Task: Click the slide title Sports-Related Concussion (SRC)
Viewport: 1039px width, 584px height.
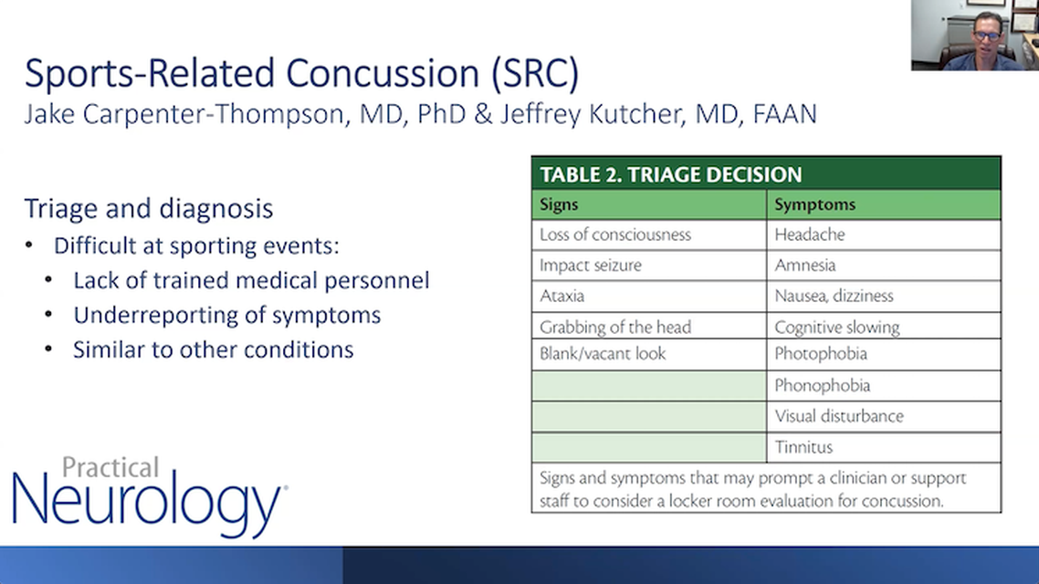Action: click(301, 74)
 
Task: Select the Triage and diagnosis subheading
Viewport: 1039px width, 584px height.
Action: click(148, 209)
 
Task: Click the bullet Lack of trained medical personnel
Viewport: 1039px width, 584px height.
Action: click(251, 280)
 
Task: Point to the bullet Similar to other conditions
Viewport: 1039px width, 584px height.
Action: click(213, 349)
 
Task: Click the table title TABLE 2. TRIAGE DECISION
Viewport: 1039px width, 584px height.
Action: click(670, 174)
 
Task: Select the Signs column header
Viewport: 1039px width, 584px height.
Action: click(559, 204)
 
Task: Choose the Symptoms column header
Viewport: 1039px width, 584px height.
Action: click(814, 204)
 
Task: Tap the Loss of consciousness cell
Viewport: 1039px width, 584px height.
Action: click(614, 235)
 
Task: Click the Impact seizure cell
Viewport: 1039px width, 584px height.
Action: click(590, 266)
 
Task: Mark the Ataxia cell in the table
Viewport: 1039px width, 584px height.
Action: click(561, 296)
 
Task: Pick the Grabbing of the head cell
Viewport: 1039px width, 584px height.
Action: click(614, 327)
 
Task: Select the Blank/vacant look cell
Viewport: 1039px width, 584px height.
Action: click(603, 353)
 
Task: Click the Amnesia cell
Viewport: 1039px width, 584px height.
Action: click(804, 266)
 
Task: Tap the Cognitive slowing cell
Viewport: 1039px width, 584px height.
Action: click(836, 327)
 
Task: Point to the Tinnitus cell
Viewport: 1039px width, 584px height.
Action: click(803, 447)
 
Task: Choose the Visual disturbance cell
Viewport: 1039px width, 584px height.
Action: click(838, 416)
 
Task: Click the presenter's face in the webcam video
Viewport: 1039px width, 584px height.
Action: click(986, 34)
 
